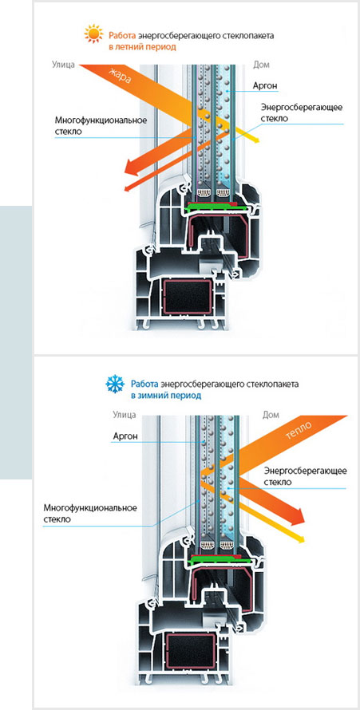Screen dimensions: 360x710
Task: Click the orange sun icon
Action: pos(93,34)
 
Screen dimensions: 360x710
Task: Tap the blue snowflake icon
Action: pos(115,385)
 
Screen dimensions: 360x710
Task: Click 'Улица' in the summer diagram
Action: pos(62,65)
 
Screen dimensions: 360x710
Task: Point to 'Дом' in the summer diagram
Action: pos(261,65)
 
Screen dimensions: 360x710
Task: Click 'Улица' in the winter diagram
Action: pos(124,414)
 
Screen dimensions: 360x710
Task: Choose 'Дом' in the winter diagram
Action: pos(271,414)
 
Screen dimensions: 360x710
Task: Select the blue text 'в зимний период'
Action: pos(166,396)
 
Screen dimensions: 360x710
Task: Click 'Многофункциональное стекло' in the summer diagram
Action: pos(101,126)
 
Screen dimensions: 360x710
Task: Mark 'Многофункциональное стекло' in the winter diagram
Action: pos(90,513)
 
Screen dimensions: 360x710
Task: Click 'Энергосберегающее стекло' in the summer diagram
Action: pos(301,112)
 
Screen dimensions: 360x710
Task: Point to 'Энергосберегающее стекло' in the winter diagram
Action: pos(305,476)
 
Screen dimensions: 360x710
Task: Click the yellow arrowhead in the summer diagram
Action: pos(255,140)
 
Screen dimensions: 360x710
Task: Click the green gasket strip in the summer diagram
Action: pos(218,207)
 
